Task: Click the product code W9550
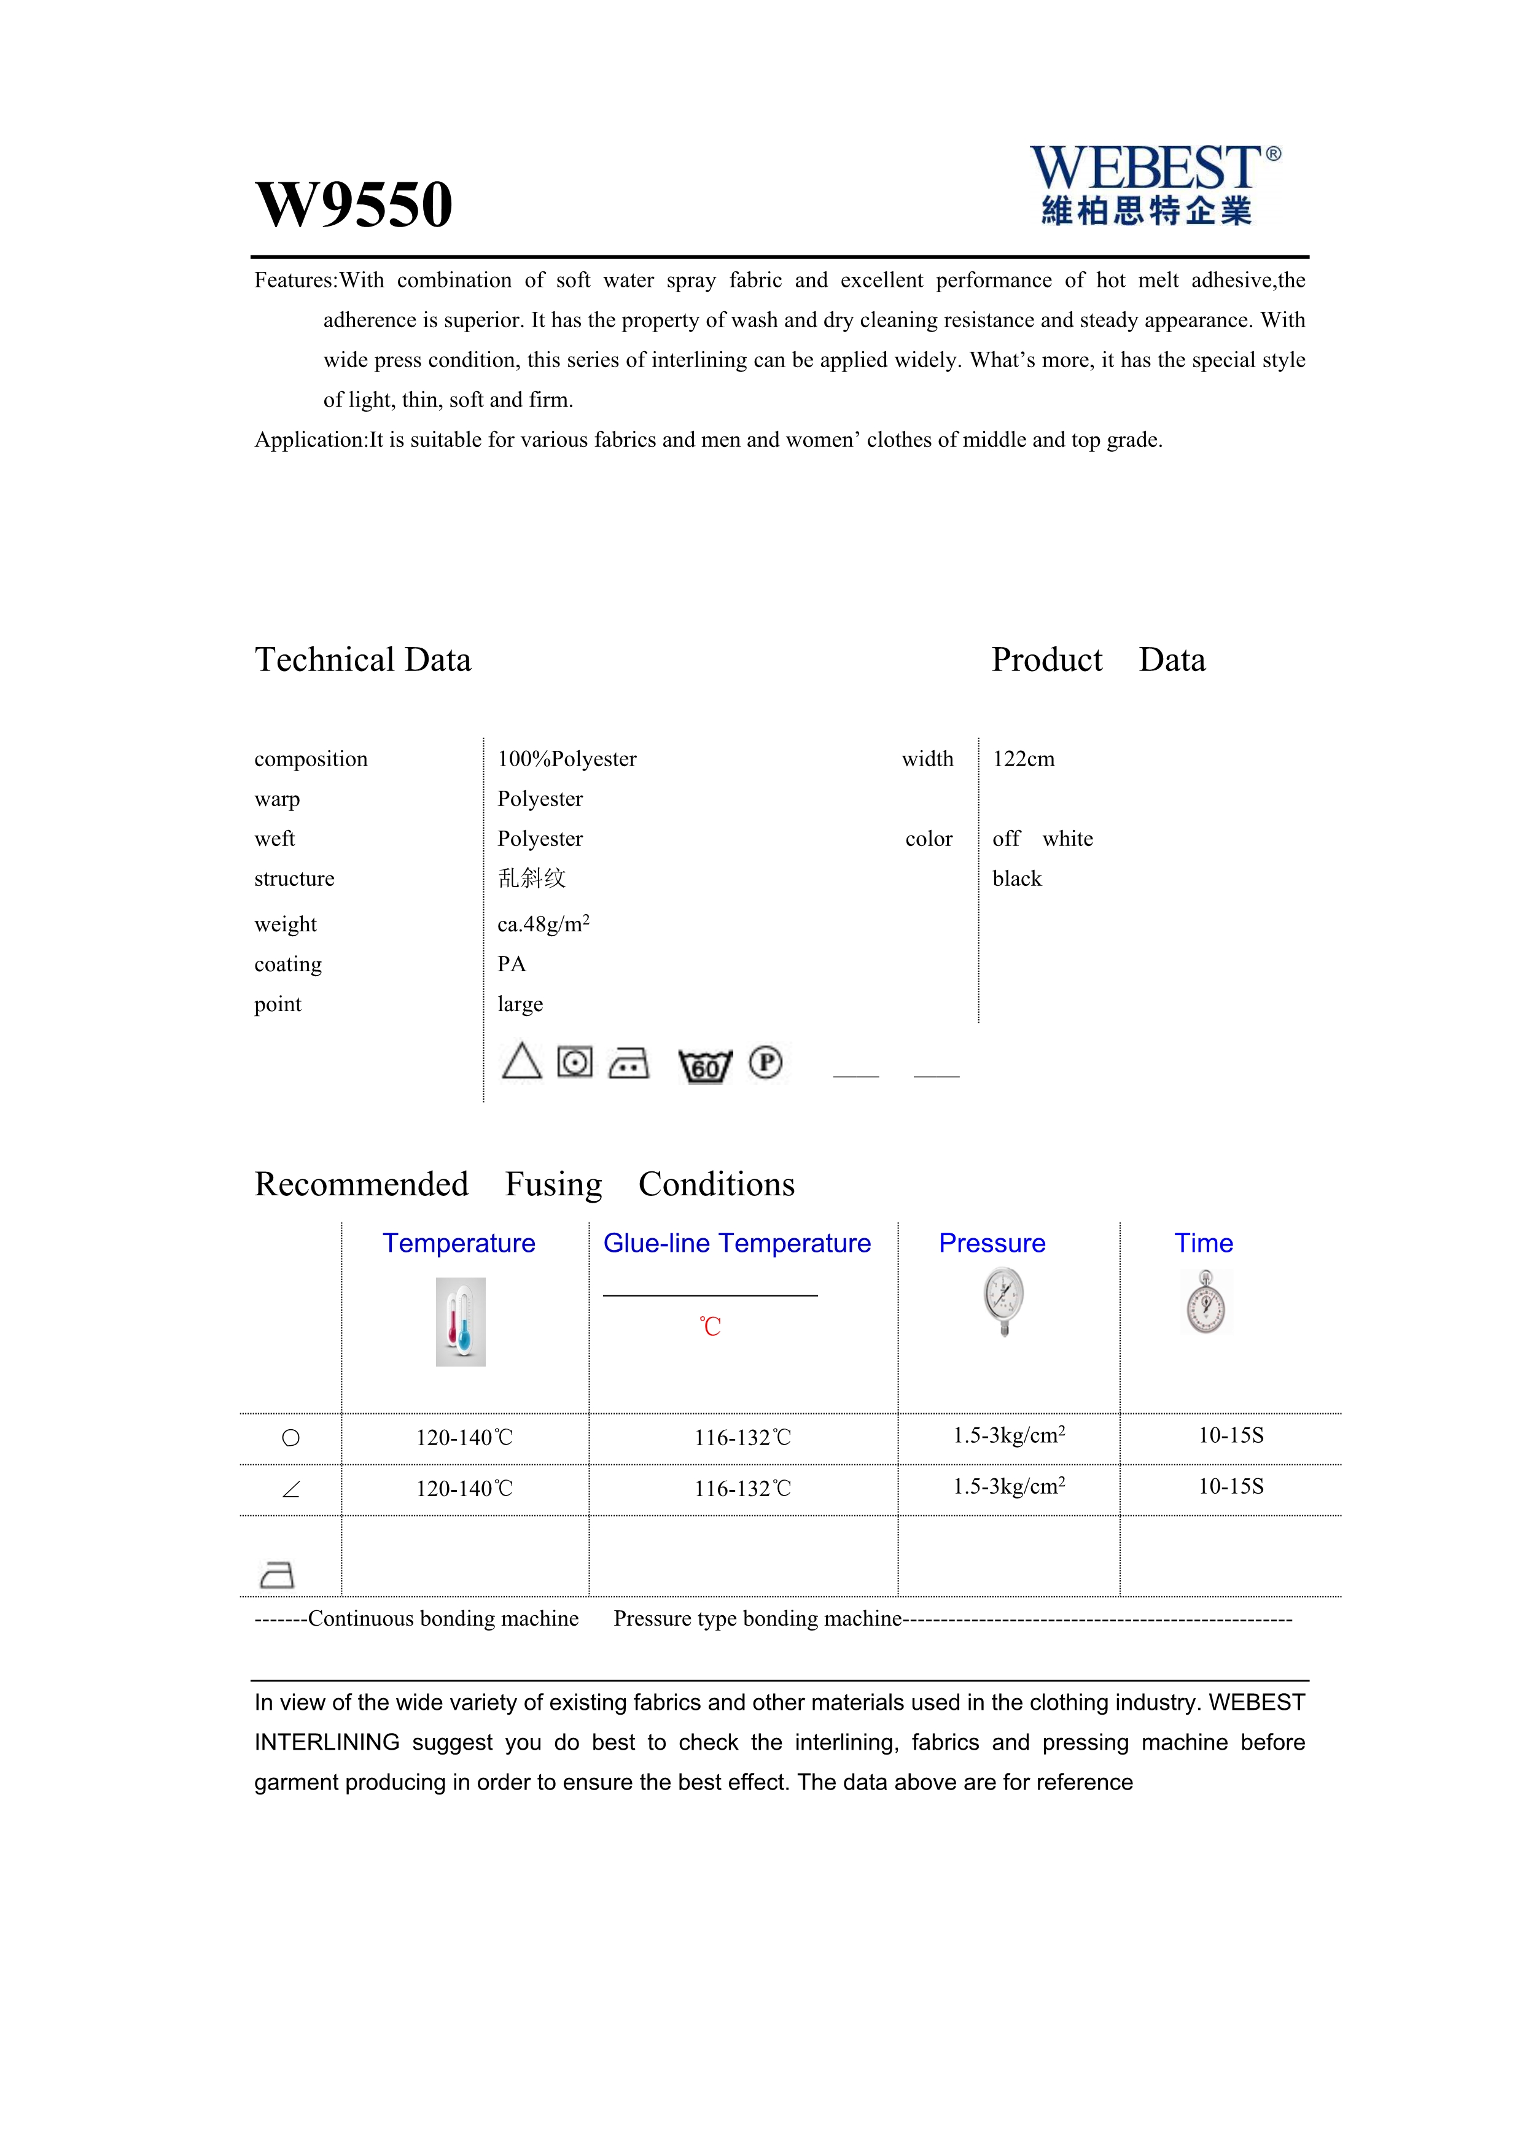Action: [354, 204]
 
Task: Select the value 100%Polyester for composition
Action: [566, 759]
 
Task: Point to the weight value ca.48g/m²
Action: [543, 925]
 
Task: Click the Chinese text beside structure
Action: [532, 879]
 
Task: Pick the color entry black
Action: [1016, 879]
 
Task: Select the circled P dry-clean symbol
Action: [765, 1063]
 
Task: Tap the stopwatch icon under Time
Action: [1206, 1303]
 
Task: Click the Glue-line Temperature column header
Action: [736, 1243]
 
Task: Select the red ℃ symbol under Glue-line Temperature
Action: [710, 1327]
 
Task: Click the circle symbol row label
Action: [290, 1438]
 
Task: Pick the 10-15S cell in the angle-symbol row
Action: [1231, 1486]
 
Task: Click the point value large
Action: [520, 1004]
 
